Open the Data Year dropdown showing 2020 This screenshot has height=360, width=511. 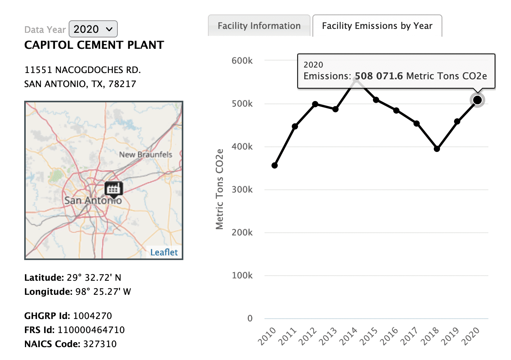coord(93,29)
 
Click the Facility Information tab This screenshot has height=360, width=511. coord(259,26)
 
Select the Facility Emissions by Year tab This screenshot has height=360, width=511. coord(377,26)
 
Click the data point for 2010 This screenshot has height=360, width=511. coord(275,166)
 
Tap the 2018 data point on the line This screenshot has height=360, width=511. coord(437,149)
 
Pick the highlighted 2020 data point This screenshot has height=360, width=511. coord(477,100)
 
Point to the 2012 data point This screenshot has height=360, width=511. coord(315,104)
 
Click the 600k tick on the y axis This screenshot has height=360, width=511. coord(243,61)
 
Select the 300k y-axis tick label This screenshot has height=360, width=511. coord(243,190)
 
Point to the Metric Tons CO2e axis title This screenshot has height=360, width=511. coord(220,189)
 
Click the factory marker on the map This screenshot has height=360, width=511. coord(114,188)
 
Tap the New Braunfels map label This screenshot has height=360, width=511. coord(145,155)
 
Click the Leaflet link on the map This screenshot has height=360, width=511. coord(164,252)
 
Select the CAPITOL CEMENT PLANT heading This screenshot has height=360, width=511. coord(94,45)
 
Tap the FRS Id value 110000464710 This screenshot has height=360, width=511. coord(91,330)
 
